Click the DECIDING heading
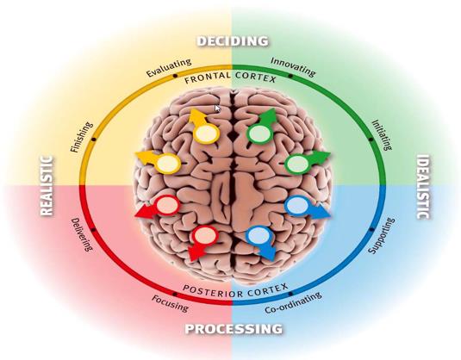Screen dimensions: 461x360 (233, 40)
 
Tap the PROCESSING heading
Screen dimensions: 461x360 (234, 328)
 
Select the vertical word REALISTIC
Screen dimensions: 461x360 (47, 186)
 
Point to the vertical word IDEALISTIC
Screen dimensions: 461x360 (423, 187)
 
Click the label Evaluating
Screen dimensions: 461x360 (169, 67)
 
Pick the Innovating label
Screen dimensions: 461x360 (293, 66)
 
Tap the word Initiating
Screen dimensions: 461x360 (383, 135)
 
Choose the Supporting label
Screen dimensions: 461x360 (382, 236)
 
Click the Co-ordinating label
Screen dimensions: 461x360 (293, 302)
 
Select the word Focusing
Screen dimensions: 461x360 (170, 303)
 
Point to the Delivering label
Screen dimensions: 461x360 (82, 234)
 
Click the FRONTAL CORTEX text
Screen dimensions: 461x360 (230, 78)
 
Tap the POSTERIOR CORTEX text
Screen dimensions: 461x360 (235, 290)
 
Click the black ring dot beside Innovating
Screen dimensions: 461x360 (290, 76)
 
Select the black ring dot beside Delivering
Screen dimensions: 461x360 (93, 230)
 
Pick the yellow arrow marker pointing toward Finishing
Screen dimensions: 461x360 (159, 162)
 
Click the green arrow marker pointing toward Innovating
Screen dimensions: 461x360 (262, 126)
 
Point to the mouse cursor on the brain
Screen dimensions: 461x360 (217, 109)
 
